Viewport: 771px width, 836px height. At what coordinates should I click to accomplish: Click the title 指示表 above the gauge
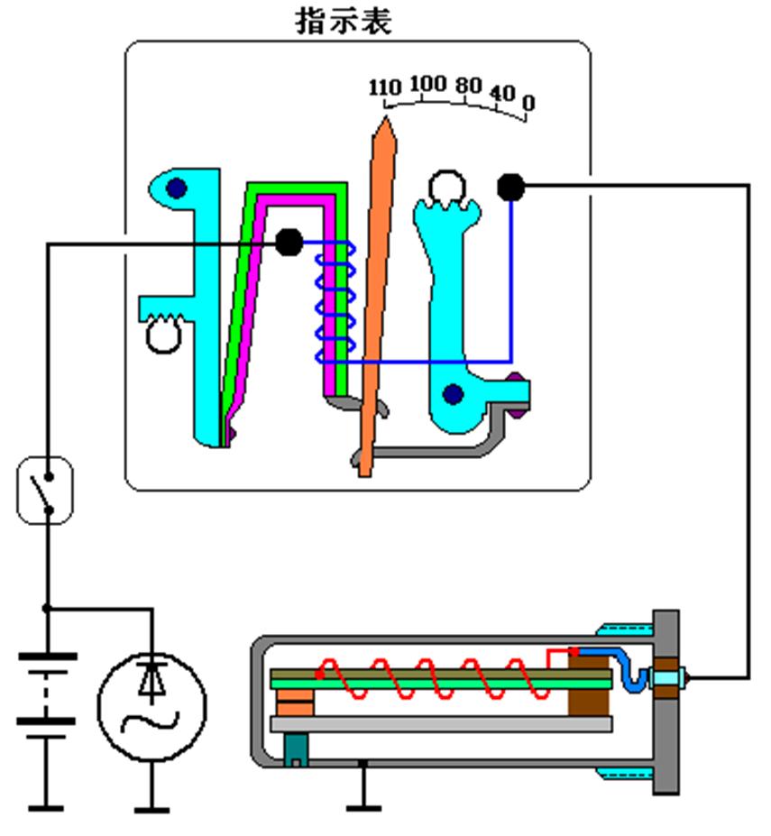click(x=344, y=22)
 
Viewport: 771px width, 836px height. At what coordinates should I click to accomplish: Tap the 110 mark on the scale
click(x=384, y=87)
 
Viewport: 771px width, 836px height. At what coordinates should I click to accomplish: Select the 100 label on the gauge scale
click(x=427, y=84)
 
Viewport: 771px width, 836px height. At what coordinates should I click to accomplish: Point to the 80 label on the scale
click(x=468, y=87)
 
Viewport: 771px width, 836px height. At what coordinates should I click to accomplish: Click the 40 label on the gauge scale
click(x=502, y=93)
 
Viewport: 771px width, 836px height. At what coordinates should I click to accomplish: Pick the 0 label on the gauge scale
click(x=528, y=103)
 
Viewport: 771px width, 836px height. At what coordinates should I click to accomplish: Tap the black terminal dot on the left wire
click(x=289, y=242)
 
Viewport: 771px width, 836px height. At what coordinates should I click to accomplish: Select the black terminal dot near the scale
click(x=510, y=187)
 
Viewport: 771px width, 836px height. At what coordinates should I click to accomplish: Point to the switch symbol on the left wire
click(x=44, y=490)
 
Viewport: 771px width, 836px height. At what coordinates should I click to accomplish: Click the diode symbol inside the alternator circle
click(x=151, y=681)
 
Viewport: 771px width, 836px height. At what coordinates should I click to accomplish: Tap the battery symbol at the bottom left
click(x=47, y=690)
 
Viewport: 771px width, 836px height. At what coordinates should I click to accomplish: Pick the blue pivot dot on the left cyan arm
click(x=176, y=188)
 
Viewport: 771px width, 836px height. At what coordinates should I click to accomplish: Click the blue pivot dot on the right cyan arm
click(x=453, y=394)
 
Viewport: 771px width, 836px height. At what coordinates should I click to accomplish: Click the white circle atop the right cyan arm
click(x=445, y=187)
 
